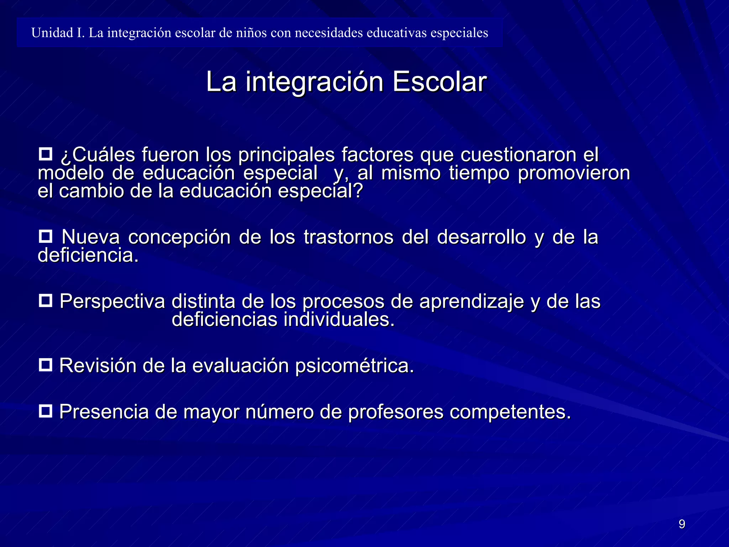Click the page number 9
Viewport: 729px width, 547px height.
tap(682, 524)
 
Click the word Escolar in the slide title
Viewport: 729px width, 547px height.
tap(439, 82)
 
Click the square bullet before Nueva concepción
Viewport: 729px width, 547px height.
tap(45, 236)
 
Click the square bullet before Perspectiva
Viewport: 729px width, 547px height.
tap(45, 301)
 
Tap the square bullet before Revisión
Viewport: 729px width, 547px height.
tap(45, 365)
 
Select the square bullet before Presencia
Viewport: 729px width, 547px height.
tap(45, 411)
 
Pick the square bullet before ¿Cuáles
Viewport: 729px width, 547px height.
tap(45, 155)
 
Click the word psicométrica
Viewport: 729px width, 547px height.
tap(355, 366)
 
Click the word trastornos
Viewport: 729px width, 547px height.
tap(348, 237)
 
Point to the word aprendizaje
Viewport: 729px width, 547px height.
tap(471, 302)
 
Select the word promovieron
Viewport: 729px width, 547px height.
tap(574, 173)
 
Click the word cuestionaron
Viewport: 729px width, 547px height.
tap(518, 155)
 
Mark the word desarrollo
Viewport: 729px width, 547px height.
tap(481, 237)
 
